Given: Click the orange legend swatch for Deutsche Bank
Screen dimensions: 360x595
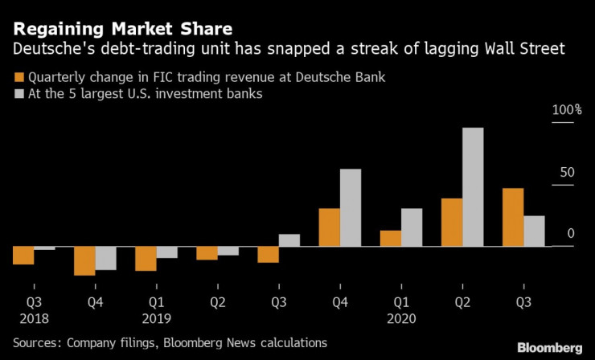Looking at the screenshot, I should (19, 77).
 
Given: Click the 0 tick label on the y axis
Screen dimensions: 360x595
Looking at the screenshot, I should (570, 233).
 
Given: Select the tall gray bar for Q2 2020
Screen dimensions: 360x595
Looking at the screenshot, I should (473, 186).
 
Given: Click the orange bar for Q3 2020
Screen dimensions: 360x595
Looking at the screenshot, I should (513, 217).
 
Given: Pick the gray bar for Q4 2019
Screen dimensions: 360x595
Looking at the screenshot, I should (351, 207).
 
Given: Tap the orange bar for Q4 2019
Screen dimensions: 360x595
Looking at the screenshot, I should (330, 227).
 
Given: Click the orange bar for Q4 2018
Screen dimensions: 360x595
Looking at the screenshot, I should (85, 260).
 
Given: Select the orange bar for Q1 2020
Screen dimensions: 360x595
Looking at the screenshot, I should (391, 238).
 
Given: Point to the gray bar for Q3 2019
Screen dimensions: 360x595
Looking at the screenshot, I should (289, 239).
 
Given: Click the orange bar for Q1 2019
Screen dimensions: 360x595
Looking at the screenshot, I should (146, 258).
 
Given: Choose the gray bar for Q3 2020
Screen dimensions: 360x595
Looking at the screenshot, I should (534, 231).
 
